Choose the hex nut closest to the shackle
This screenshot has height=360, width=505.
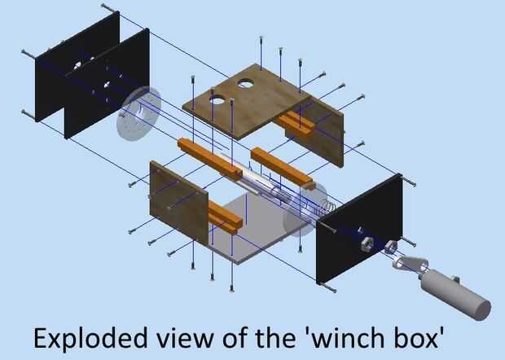[x=390, y=247]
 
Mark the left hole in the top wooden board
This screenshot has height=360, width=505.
[x=217, y=99]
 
